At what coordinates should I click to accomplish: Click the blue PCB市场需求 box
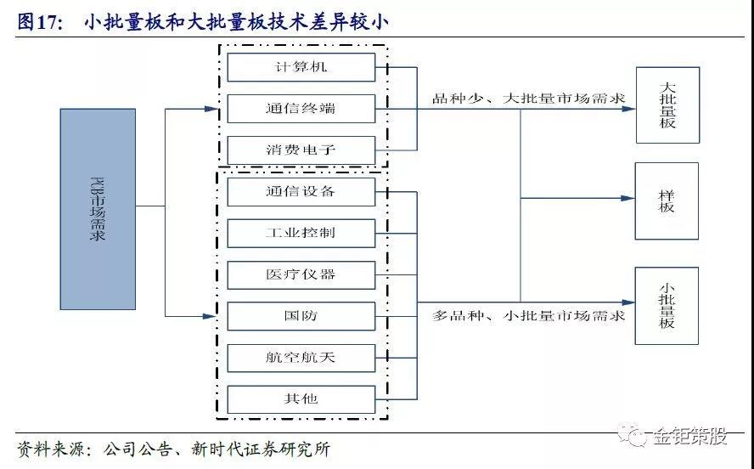[x=98, y=209]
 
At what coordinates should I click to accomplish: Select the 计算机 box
[x=301, y=67]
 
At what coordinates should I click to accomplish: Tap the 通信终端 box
[x=301, y=109]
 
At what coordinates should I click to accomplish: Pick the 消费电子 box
[x=301, y=150]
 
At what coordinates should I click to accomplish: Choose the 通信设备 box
[x=301, y=192]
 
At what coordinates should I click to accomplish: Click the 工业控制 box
[x=301, y=234]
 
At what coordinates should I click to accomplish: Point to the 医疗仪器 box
[x=301, y=275]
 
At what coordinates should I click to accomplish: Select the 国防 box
[x=301, y=316]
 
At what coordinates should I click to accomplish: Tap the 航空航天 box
[x=301, y=358]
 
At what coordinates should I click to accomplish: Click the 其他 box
[x=301, y=399]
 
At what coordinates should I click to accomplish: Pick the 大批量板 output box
[x=668, y=105]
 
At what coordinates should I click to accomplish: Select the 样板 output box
[x=667, y=201]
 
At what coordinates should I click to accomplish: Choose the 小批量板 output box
[x=667, y=306]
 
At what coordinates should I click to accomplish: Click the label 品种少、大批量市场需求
[x=528, y=99]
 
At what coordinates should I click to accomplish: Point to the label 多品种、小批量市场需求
[x=528, y=316]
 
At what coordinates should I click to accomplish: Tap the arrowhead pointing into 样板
[x=628, y=198]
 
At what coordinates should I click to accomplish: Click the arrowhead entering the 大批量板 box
[x=628, y=110]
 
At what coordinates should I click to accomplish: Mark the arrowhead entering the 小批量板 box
[x=628, y=302]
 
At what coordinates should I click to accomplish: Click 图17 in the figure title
[x=40, y=22]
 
